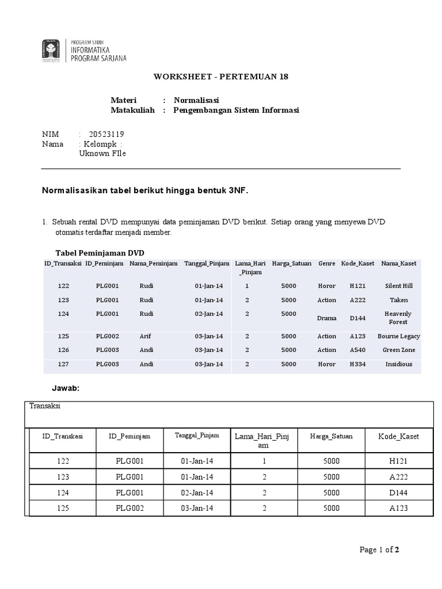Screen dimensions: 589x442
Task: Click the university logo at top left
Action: click(50, 51)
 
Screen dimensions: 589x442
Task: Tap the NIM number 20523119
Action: click(106, 134)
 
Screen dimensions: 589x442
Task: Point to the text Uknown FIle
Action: click(102, 154)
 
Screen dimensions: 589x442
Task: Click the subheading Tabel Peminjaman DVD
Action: click(100, 253)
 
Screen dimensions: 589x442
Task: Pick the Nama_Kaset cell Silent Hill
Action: click(398, 286)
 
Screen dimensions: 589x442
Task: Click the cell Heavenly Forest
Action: click(398, 318)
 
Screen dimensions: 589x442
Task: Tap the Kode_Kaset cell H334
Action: click(357, 364)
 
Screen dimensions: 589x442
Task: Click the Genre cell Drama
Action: click(326, 318)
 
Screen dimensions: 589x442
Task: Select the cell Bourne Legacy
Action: click(398, 336)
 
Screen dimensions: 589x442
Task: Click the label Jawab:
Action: click(67, 389)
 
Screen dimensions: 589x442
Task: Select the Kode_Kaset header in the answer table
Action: click(398, 437)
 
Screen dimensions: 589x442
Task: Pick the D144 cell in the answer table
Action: click(398, 492)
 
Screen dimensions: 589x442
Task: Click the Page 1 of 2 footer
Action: click(379, 550)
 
